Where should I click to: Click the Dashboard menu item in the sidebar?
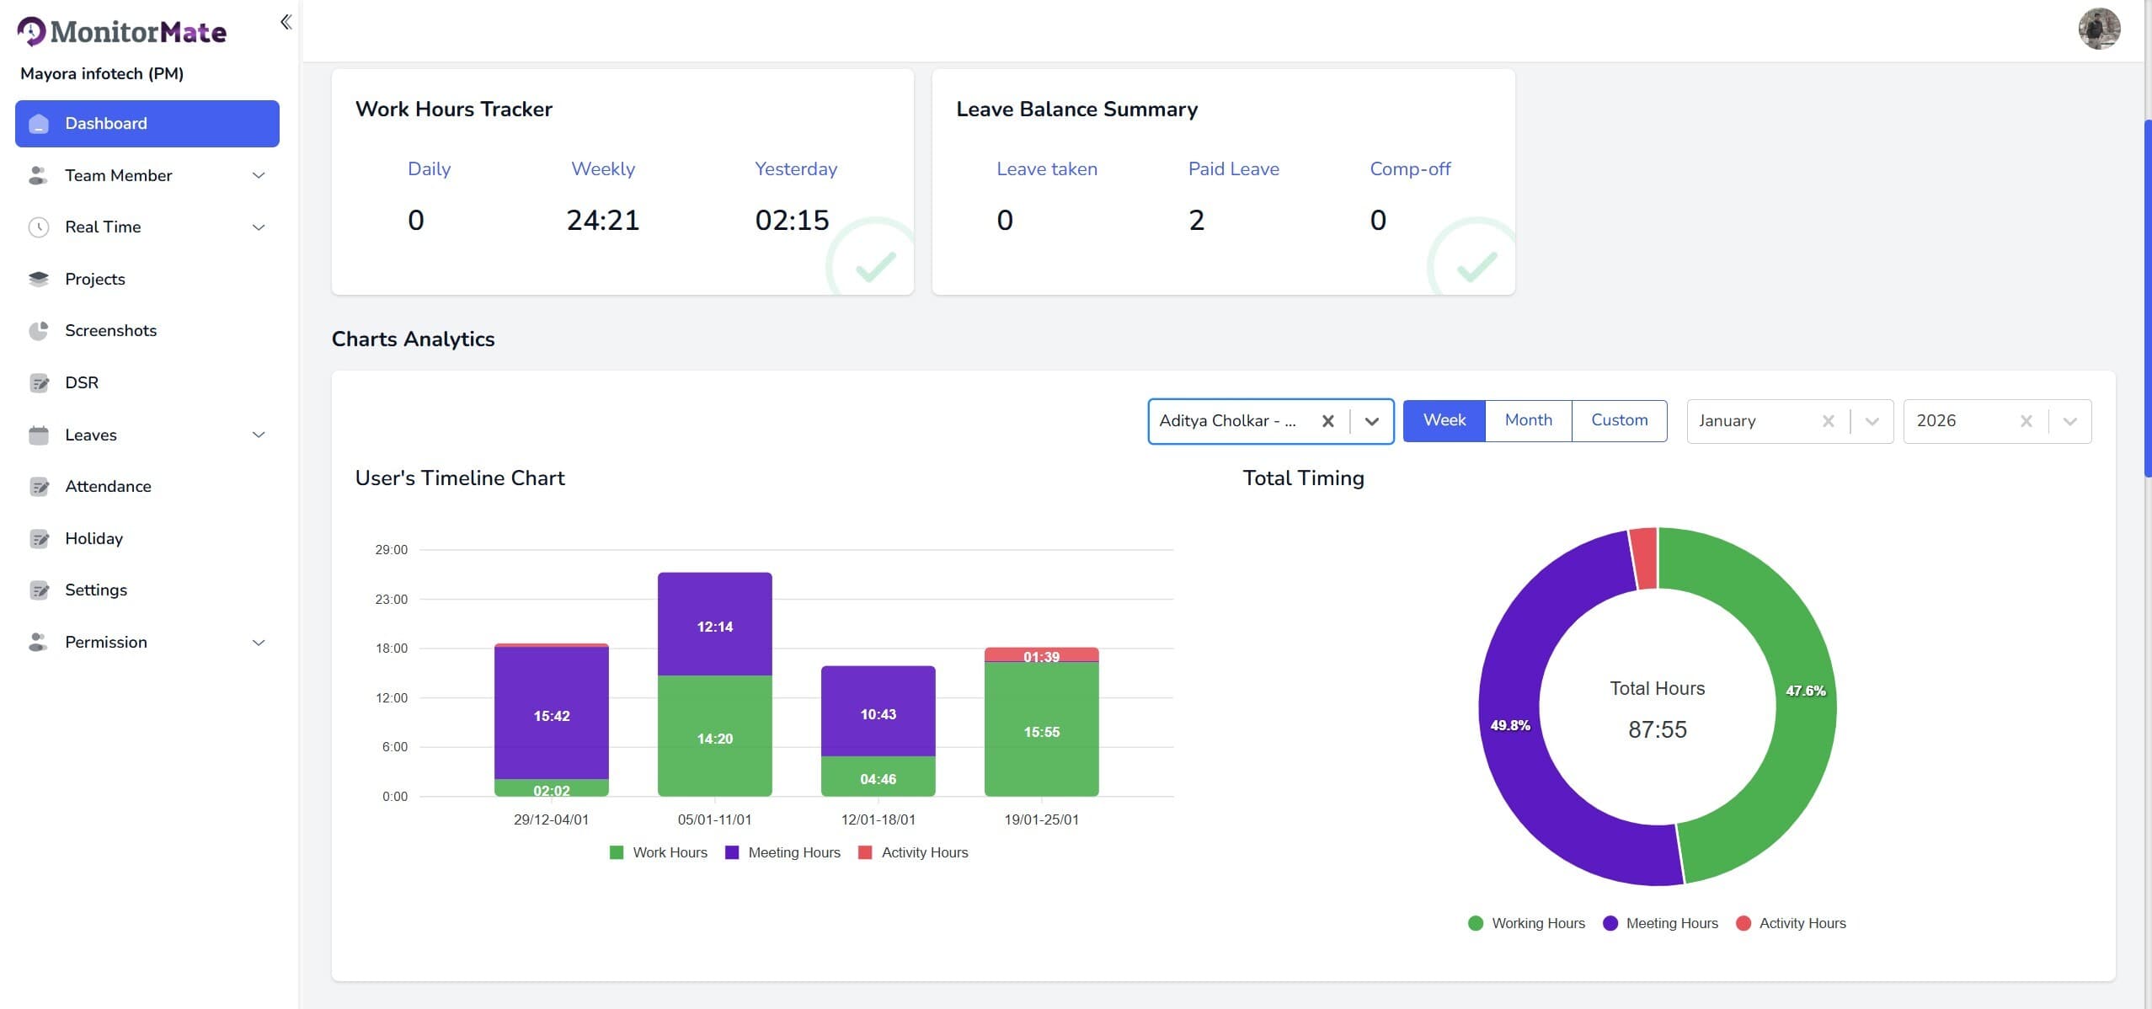[x=147, y=124]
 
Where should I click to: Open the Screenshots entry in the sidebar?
[x=110, y=330]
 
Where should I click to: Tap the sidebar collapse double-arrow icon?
[x=286, y=22]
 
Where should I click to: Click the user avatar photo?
[x=2099, y=29]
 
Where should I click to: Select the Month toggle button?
[x=1528, y=420]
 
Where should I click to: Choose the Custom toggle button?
[x=1619, y=420]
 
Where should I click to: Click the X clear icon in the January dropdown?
[x=1828, y=421]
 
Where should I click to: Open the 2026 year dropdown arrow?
[x=2069, y=421]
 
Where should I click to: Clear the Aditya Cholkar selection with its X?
[x=1327, y=421]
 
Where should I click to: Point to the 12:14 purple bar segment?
[x=714, y=624]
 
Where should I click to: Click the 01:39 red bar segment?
[x=1041, y=655]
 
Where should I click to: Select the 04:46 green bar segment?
[x=878, y=777]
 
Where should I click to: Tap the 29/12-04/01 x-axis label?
[x=551, y=819]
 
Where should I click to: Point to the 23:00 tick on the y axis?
[x=392, y=600]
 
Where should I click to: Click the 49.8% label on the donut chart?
[x=1510, y=725]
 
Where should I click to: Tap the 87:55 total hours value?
[x=1657, y=729]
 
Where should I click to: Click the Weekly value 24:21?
[x=602, y=220]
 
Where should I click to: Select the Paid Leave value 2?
[x=1196, y=220]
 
